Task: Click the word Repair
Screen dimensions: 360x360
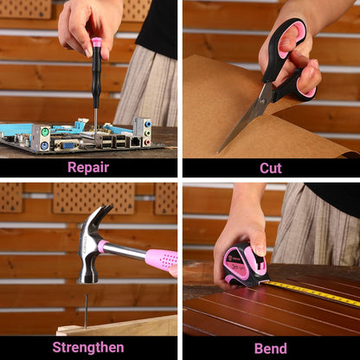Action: (x=88, y=168)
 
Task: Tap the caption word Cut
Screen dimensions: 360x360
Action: (x=271, y=168)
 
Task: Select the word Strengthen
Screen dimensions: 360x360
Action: (x=88, y=348)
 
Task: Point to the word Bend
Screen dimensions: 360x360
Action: (x=271, y=349)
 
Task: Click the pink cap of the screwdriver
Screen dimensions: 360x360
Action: (x=97, y=42)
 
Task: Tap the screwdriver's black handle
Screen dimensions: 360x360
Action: (x=96, y=77)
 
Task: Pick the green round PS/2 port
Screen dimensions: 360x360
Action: (x=44, y=132)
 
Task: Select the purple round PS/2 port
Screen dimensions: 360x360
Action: (x=44, y=146)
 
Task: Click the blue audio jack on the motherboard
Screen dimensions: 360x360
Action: (x=148, y=124)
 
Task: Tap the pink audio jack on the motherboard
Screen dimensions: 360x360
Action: (x=147, y=142)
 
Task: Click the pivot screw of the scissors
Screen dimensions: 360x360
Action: (x=262, y=101)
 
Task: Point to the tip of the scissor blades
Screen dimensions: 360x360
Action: (x=218, y=152)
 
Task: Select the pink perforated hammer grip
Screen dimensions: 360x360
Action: (x=162, y=260)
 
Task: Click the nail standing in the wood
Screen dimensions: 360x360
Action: (x=86, y=312)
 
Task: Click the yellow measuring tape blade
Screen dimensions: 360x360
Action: (x=312, y=292)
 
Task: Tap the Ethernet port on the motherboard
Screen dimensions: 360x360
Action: (x=135, y=142)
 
